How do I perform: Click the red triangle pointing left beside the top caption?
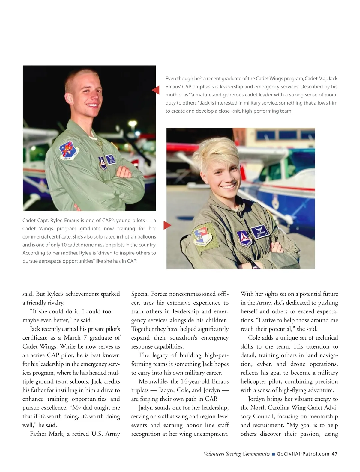[x=156, y=90]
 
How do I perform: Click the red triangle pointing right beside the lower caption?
[x=167, y=225]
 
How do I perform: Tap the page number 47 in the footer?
[x=334, y=454]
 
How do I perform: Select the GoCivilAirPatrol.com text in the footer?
[x=303, y=454]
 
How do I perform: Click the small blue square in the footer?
[x=273, y=454]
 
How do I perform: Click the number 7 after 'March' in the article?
[x=85, y=338]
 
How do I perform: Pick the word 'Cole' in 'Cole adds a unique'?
[x=254, y=338]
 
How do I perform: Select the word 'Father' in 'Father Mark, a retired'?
[x=38, y=434]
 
